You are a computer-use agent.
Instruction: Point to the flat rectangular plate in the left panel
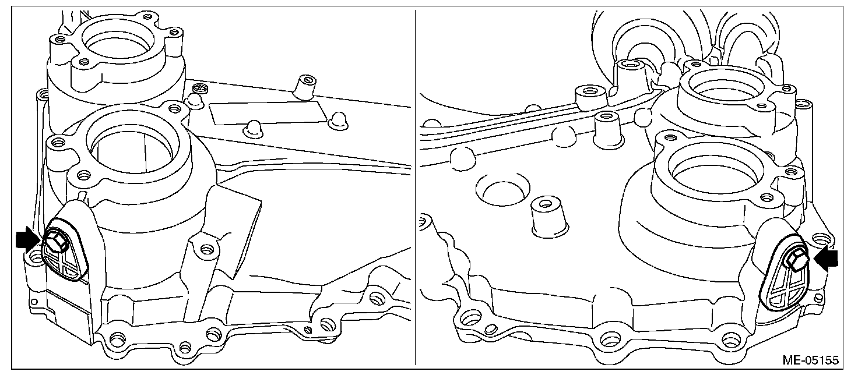pyautogui.click(x=268, y=112)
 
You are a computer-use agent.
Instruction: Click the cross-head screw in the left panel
pyautogui.click(x=201, y=87)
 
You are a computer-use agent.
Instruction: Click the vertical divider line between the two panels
pyautogui.click(x=415, y=187)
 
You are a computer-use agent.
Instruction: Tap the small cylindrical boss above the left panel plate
pyautogui.click(x=305, y=87)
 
